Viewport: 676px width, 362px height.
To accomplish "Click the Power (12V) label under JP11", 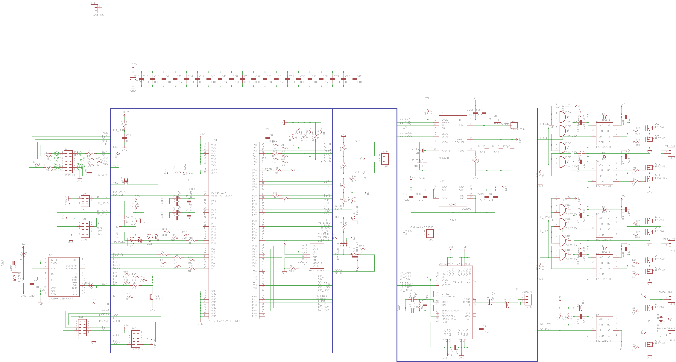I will coord(98,15).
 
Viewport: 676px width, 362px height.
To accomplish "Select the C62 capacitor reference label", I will coord(136,76).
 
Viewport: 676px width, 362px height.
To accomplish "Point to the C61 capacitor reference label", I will coord(359,76).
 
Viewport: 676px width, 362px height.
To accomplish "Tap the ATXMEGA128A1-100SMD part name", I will coord(224,321).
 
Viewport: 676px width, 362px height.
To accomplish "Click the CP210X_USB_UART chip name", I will coord(61,299).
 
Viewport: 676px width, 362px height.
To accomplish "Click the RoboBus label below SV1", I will coord(69,175).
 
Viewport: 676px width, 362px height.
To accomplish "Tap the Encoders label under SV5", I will coord(137,349).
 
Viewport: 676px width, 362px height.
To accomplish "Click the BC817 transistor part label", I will coord(159,299).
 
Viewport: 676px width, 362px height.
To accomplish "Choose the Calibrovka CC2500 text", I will coord(422,227).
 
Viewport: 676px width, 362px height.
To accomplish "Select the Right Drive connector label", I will coord(668,239).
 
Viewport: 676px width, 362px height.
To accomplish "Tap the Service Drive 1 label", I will coord(666,292).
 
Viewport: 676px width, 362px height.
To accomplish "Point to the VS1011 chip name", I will coord(457,282).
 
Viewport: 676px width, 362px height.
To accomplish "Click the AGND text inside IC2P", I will coord(452,205).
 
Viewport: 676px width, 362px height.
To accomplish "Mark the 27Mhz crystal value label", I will coord(415,149).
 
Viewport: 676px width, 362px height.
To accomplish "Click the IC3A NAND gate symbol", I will coord(562,117).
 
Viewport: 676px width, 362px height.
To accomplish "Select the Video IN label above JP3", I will coord(383,152).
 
